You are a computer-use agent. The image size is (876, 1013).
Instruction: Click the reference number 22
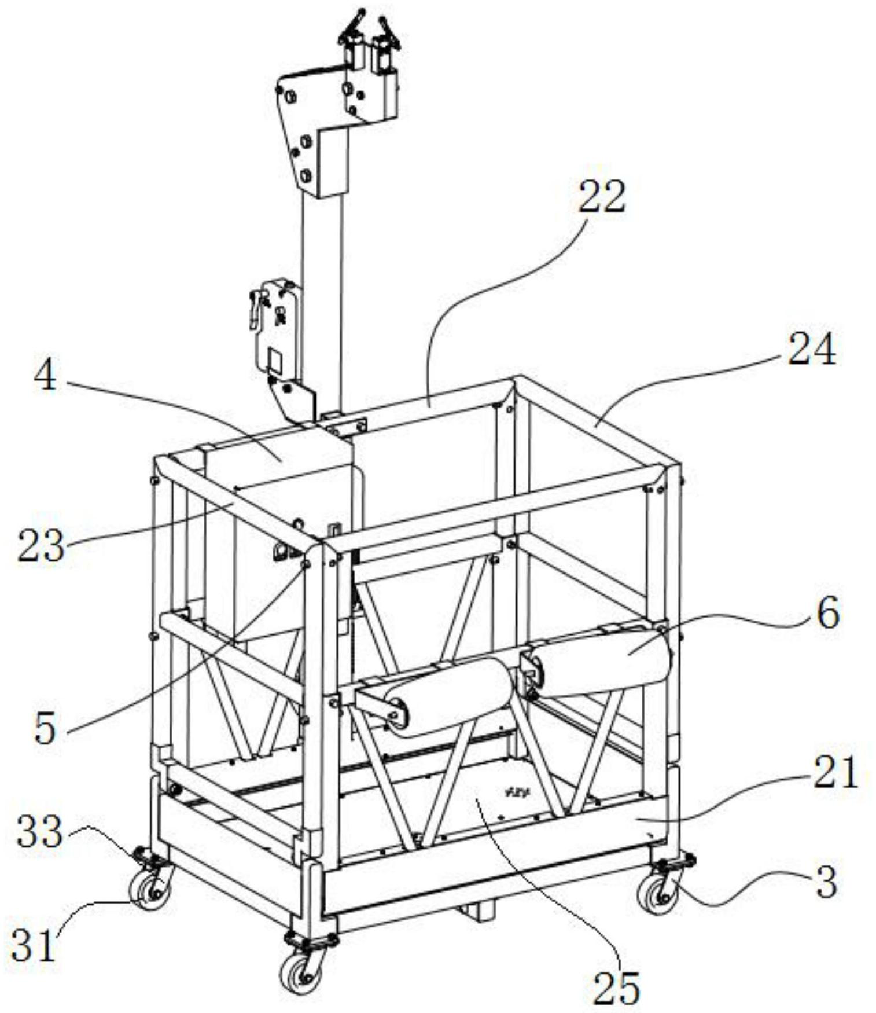click(x=602, y=197)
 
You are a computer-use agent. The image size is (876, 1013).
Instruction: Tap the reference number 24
click(x=812, y=350)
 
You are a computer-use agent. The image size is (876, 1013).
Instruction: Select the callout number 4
click(x=45, y=377)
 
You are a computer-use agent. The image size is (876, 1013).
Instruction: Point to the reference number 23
click(x=39, y=545)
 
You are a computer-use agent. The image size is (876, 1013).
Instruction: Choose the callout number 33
click(x=39, y=832)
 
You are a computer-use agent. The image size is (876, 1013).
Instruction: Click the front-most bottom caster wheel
click(x=299, y=974)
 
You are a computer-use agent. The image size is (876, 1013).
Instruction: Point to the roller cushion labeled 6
click(x=602, y=659)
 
